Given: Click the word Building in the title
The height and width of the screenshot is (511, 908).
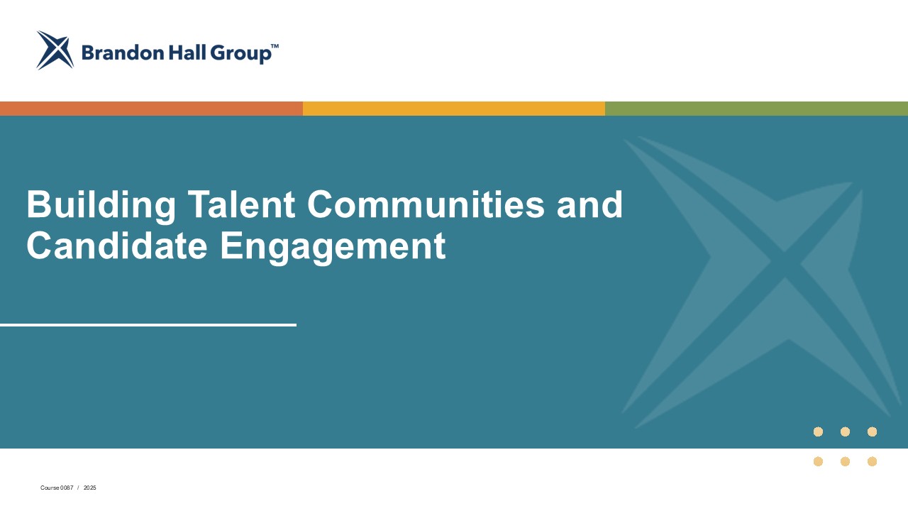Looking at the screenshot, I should [x=101, y=205].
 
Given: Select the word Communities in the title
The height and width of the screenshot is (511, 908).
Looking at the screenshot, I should [x=426, y=204].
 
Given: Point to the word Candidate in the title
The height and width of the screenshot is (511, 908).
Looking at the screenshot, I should [x=117, y=246].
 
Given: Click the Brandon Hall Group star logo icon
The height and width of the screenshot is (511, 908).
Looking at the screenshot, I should [x=55, y=50].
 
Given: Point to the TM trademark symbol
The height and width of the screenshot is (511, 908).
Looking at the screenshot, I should [x=275, y=46].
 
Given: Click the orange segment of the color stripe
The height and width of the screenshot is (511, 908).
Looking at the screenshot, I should [x=151, y=109].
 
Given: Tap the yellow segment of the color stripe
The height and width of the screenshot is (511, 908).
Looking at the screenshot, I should [x=454, y=109].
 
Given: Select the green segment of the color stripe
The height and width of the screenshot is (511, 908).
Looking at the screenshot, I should [x=756, y=109].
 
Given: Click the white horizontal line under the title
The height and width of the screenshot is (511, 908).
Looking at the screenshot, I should [x=148, y=325].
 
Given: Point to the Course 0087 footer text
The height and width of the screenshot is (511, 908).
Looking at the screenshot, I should [x=57, y=488].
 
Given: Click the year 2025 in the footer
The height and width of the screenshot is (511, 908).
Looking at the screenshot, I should [x=90, y=488].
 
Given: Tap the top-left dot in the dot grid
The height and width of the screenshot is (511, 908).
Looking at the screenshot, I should [x=818, y=432].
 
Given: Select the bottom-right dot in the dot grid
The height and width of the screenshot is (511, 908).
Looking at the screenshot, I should [x=873, y=461].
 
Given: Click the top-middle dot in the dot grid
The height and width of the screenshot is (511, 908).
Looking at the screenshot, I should [x=845, y=432].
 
